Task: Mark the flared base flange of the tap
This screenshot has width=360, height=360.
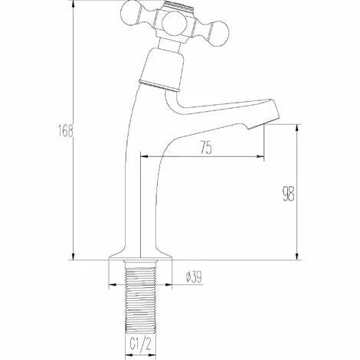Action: pos(138,256)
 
